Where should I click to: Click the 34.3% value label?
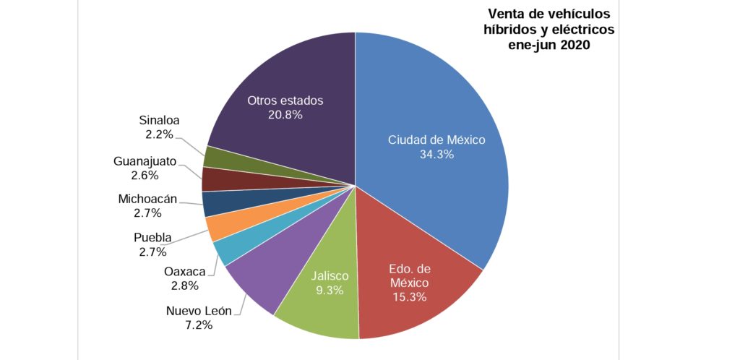[x=436, y=154]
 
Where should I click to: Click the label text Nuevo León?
[x=199, y=311]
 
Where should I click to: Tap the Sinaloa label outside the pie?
[x=159, y=120]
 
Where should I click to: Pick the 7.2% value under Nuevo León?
[x=199, y=325]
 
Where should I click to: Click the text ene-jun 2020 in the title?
[x=549, y=45]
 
